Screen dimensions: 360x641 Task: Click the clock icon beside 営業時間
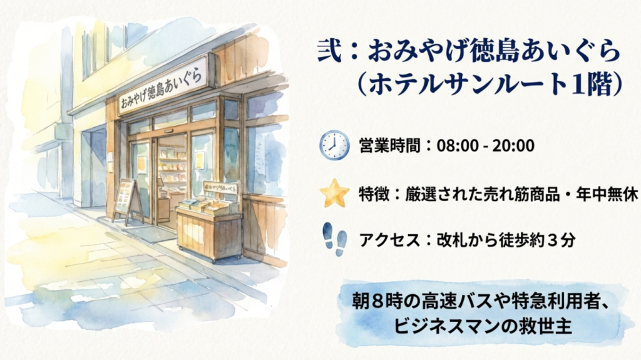(x=334, y=145)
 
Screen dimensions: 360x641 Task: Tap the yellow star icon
(x=334, y=193)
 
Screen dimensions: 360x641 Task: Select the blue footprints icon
(x=334, y=240)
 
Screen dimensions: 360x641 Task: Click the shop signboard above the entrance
(x=164, y=85)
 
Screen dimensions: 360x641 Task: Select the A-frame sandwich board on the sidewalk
(x=127, y=200)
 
